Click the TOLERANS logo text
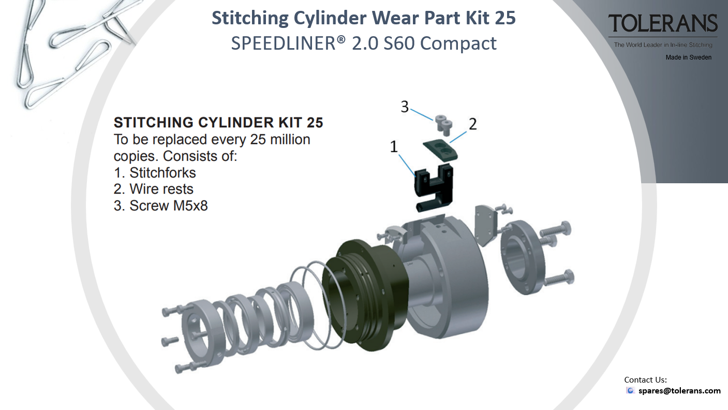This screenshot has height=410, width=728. [663, 23]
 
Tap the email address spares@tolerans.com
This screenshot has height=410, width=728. [679, 390]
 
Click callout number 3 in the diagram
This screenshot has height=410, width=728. [405, 107]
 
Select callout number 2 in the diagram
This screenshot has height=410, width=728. [473, 124]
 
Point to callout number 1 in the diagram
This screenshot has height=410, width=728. [394, 147]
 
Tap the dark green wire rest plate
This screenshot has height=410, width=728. [440, 150]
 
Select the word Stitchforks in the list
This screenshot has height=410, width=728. [162, 173]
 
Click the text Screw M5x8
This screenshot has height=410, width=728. [168, 206]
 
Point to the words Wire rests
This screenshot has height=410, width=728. [161, 189]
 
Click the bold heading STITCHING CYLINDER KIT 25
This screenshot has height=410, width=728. [218, 123]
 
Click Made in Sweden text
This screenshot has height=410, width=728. [688, 57]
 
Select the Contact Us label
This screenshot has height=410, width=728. [645, 380]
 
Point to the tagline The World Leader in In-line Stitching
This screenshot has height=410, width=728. [663, 45]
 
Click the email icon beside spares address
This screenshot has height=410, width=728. [630, 390]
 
